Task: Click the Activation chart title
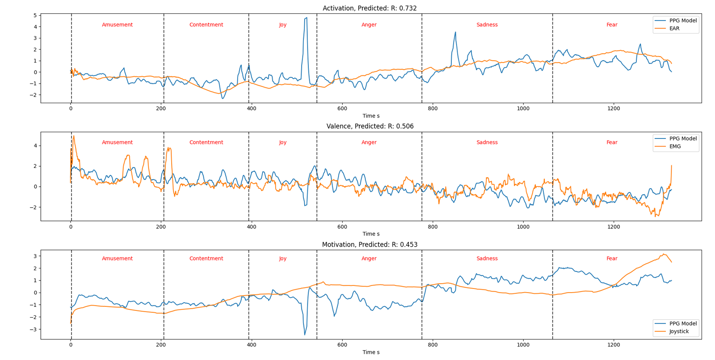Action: [x=370, y=8]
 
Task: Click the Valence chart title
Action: [x=370, y=126]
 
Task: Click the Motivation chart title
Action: [x=370, y=245]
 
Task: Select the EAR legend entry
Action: [x=674, y=29]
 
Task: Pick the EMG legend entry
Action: [x=675, y=147]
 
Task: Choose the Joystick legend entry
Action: [x=678, y=331]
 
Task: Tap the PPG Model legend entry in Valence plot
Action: [x=682, y=139]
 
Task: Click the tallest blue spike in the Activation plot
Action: [x=307, y=18]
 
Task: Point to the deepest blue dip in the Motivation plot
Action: [x=305, y=335]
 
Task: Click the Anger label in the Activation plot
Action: [x=369, y=25]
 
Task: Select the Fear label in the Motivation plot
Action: [x=612, y=259]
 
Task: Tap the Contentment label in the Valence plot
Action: [x=206, y=142]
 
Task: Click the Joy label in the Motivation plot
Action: [x=283, y=259]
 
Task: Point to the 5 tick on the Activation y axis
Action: [x=35, y=16]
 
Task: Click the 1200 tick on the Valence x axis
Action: [x=614, y=227]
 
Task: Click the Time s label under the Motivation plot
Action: [x=371, y=352]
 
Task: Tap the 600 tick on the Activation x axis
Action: [x=342, y=109]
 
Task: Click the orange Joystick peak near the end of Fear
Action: [x=664, y=254]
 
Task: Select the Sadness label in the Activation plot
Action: [x=487, y=25]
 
